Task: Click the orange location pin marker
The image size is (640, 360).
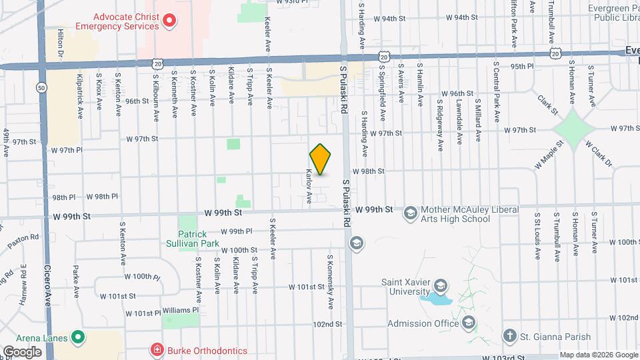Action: [321, 159]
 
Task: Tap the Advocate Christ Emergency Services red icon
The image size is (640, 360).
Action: [169, 21]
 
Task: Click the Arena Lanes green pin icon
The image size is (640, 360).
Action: [77, 337]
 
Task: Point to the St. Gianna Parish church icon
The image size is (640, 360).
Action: [509, 335]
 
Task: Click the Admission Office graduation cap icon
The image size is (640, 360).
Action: [469, 323]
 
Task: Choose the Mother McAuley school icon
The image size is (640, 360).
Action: [410, 213]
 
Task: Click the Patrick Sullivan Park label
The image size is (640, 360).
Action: [199, 239]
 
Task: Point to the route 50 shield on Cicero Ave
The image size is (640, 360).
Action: [42, 87]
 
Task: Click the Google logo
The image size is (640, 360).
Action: [23, 351]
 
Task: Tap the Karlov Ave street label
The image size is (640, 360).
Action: [309, 186]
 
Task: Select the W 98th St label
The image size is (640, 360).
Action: [368, 171]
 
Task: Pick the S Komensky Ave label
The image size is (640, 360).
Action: [330, 281]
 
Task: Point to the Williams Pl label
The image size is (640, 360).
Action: [181, 310]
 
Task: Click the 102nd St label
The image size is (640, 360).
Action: [328, 324]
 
